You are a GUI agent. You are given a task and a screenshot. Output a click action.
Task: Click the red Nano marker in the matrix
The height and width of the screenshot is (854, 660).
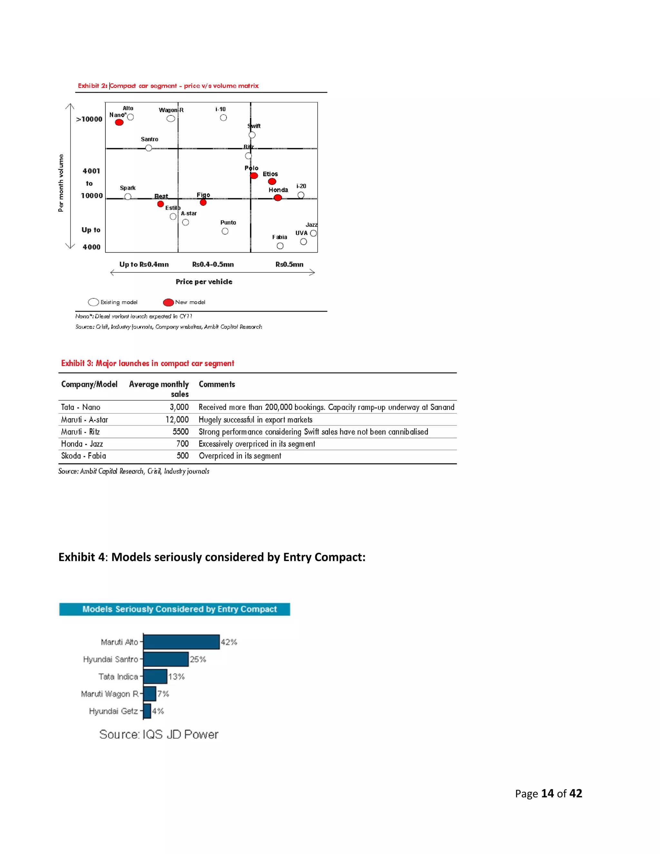point(119,122)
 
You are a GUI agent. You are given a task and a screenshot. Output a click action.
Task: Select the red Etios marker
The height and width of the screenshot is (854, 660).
point(272,181)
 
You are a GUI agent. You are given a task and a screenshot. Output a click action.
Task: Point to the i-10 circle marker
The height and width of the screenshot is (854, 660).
point(223,118)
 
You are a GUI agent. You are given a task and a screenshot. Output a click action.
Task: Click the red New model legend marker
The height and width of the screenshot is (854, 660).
point(168,302)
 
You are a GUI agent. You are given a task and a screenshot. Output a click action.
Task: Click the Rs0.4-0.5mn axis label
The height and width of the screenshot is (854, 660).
point(213,264)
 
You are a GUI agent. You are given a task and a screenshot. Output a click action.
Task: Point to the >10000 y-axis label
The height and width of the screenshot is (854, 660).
point(89,119)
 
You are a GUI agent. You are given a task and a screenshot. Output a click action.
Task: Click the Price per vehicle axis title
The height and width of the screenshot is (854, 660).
point(204,282)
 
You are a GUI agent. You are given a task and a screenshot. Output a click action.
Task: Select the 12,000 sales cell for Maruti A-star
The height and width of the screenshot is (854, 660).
point(177,420)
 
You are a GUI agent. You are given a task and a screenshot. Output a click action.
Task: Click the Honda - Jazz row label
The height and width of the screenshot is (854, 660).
point(82,444)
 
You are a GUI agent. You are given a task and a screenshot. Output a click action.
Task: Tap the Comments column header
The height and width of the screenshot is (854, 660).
point(217,384)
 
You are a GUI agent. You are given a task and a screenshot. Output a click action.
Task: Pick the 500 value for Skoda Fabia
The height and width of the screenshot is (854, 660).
point(183,456)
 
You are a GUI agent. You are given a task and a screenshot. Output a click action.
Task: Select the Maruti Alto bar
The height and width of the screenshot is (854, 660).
point(181,642)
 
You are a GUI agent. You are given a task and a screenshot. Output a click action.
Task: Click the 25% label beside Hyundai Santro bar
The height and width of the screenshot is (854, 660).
point(198,659)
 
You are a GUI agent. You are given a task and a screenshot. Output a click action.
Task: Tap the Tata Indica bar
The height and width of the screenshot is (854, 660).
point(155,676)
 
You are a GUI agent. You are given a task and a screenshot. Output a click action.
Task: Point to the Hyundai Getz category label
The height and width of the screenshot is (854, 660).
point(113,711)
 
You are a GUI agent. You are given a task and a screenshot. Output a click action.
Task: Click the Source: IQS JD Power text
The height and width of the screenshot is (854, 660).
point(159,734)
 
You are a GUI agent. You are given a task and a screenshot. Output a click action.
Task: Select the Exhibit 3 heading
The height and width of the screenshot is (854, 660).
point(147,363)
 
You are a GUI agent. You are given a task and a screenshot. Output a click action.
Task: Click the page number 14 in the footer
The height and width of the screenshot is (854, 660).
point(548,793)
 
